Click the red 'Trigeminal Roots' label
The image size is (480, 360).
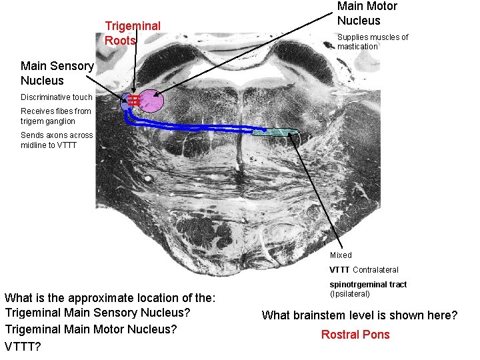132,33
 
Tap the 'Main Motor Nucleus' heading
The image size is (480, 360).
367,13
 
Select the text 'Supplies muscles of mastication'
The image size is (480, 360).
372,41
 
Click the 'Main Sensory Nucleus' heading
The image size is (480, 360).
57,73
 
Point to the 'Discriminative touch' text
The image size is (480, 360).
56,97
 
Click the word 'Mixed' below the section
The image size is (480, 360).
341,255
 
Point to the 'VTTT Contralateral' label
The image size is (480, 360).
363,270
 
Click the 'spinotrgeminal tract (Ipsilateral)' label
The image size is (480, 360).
367,289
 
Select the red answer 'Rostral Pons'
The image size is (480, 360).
355,335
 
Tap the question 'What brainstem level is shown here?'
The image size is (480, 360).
359,315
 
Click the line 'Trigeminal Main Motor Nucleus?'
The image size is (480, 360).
90,329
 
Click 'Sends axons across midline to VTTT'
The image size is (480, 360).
57,140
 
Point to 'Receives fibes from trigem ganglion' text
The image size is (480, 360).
55,116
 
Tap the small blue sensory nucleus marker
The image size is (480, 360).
125,103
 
